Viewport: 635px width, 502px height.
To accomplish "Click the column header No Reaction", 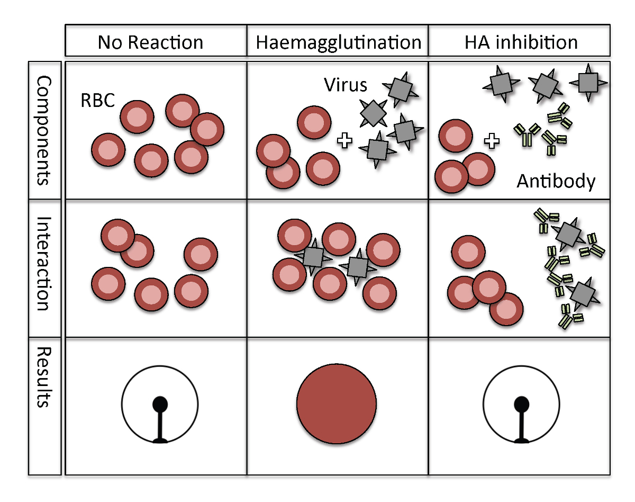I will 150,41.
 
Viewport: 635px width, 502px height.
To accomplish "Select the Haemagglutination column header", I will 338,41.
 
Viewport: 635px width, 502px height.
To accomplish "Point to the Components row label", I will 44,130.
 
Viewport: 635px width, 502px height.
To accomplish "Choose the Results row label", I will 44,377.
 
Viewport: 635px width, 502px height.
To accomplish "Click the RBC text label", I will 97,101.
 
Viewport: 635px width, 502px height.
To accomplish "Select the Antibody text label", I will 556,182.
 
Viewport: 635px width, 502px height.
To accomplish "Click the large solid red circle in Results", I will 337,404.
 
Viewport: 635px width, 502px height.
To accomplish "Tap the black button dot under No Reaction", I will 160,405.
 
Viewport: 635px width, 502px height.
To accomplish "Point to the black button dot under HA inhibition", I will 521,404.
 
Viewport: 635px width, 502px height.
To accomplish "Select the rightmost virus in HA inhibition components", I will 587,82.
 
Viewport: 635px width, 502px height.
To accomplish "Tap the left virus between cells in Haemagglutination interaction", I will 313,257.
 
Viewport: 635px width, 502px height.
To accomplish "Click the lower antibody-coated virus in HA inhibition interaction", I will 582,292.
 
